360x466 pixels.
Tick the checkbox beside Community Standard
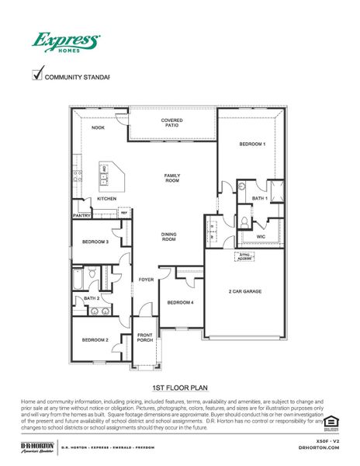point(36,75)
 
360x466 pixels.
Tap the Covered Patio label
point(171,123)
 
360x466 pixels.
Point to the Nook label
point(99,127)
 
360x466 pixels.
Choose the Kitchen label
point(106,199)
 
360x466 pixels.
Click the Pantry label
point(82,215)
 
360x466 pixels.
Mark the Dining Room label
point(169,237)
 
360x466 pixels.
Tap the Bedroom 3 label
point(95,242)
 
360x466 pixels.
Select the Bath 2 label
point(92,297)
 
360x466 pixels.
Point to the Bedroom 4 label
point(180,302)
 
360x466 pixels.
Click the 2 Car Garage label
point(244,291)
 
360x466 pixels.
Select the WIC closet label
point(261,236)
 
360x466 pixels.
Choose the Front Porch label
point(145,337)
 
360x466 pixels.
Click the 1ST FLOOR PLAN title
point(179,385)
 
